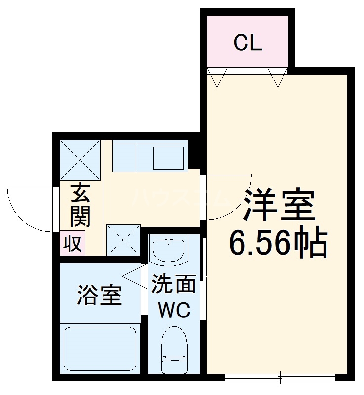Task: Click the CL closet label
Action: click(x=247, y=43)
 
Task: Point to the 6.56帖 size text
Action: click(x=278, y=241)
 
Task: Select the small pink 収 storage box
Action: click(x=73, y=243)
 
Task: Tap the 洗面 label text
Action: click(x=173, y=285)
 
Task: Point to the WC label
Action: click(x=173, y=311)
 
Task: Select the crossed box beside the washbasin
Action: click(x=123, y=239)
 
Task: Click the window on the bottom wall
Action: click(x=281, y=378)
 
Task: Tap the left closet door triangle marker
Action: click(x=217, y=78)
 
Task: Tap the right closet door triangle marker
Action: click(x=278, y=78)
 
